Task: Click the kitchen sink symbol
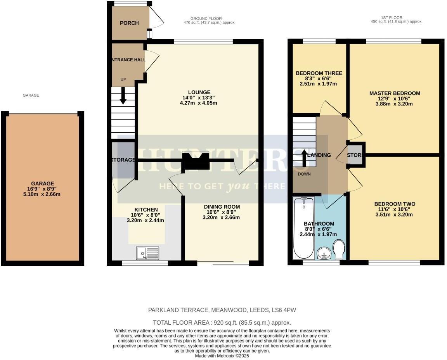(x=148, y=253)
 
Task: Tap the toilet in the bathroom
(x=339, y=249)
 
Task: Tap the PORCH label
(x=129, y=23)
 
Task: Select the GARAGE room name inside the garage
(x=43, y=183)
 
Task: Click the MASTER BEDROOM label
(x=395, y=93)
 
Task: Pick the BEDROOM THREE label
(x=319, y=73)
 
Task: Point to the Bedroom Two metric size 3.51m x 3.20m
(x=395, y=214)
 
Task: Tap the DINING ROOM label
(x=222, y=207)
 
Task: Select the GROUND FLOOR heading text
(x=206, y=18)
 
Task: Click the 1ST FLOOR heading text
(x=392, y=17)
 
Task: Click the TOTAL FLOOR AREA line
(x=222, y=323)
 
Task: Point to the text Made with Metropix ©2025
(x=222, y=356)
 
